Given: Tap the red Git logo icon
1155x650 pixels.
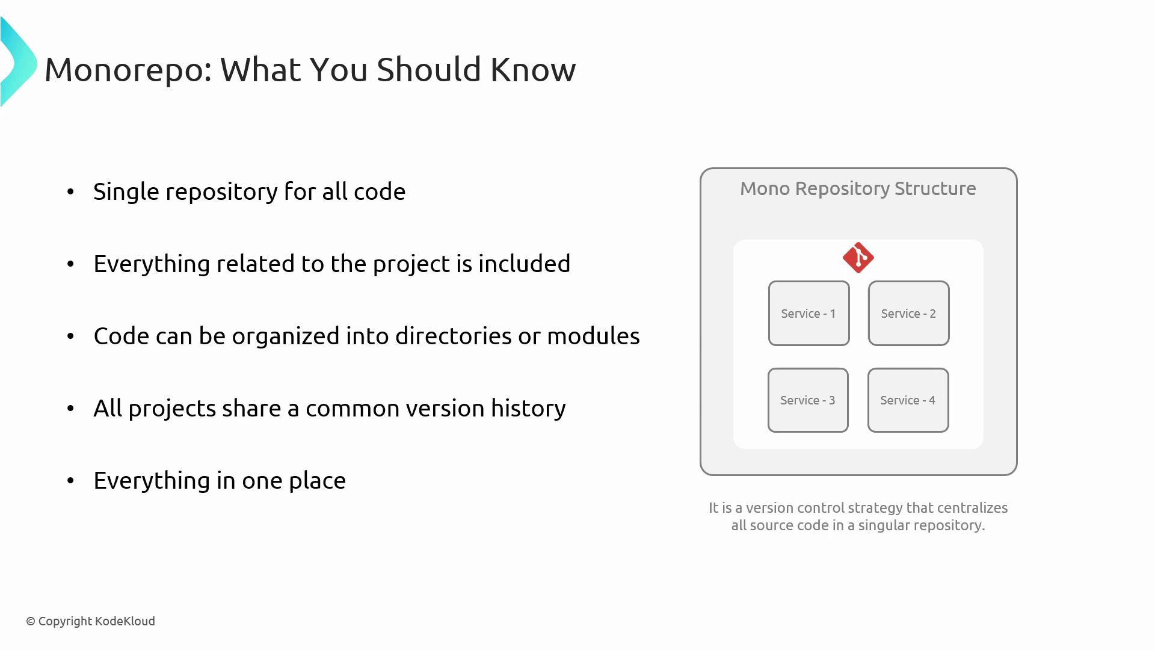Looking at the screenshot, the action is (858, 258).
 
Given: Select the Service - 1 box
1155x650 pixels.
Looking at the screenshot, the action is (808, 313).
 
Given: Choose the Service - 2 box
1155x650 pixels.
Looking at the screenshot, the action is (908, 313).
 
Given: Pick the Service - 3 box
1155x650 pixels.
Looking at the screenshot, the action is (808, 400).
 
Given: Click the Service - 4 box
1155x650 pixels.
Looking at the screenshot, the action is (908, 400).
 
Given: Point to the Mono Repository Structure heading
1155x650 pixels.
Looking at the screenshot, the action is (858, 189).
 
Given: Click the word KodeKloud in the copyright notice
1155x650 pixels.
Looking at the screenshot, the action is (125, 621).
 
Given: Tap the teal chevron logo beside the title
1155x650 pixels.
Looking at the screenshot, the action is (19, 62).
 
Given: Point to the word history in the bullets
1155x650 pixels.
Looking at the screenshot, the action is (528, 409).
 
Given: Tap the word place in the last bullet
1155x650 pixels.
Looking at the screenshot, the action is (317, 481).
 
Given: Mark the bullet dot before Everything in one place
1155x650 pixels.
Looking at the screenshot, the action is (71, 480).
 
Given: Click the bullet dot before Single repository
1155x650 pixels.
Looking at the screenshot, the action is (71, 191).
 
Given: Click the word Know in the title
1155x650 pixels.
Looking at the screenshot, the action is (533, 69).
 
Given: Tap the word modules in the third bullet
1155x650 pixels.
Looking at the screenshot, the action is (593, 336).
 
